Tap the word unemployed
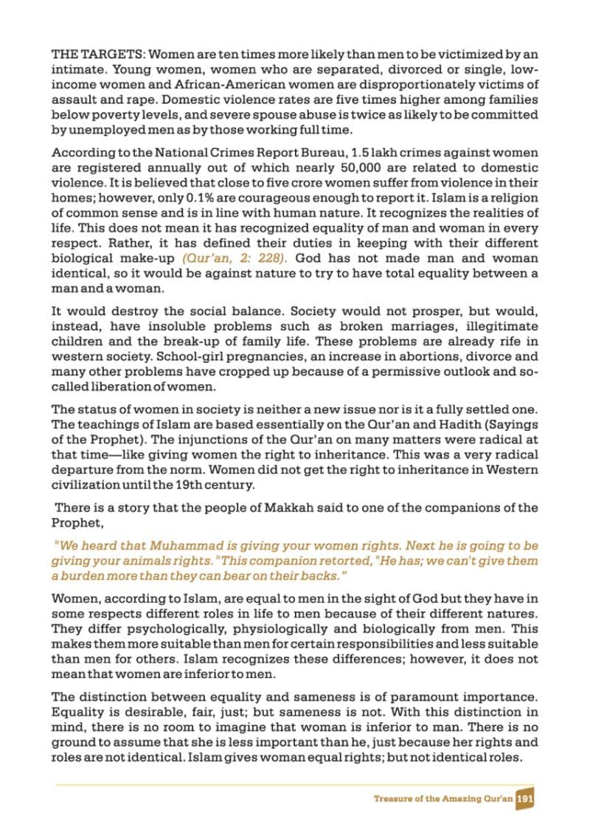tap(99, 131)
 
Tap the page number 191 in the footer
tap(525, 798)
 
